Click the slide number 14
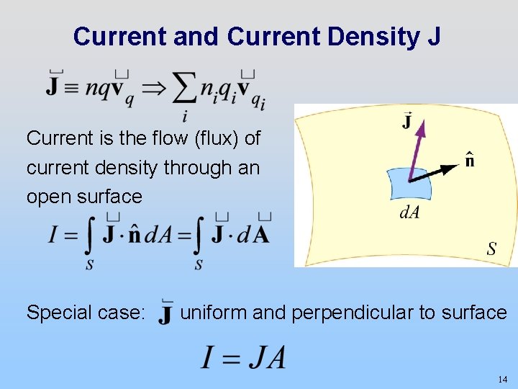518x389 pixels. coord(501,379)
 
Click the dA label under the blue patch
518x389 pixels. coord(409,213)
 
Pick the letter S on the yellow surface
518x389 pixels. coord(491,249)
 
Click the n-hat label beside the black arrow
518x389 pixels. coord(469,161)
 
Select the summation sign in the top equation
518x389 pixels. coord(185,89)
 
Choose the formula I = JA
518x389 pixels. coord(244,357)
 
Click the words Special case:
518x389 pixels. coord(86,313)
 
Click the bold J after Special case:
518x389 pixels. coord(165,314)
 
